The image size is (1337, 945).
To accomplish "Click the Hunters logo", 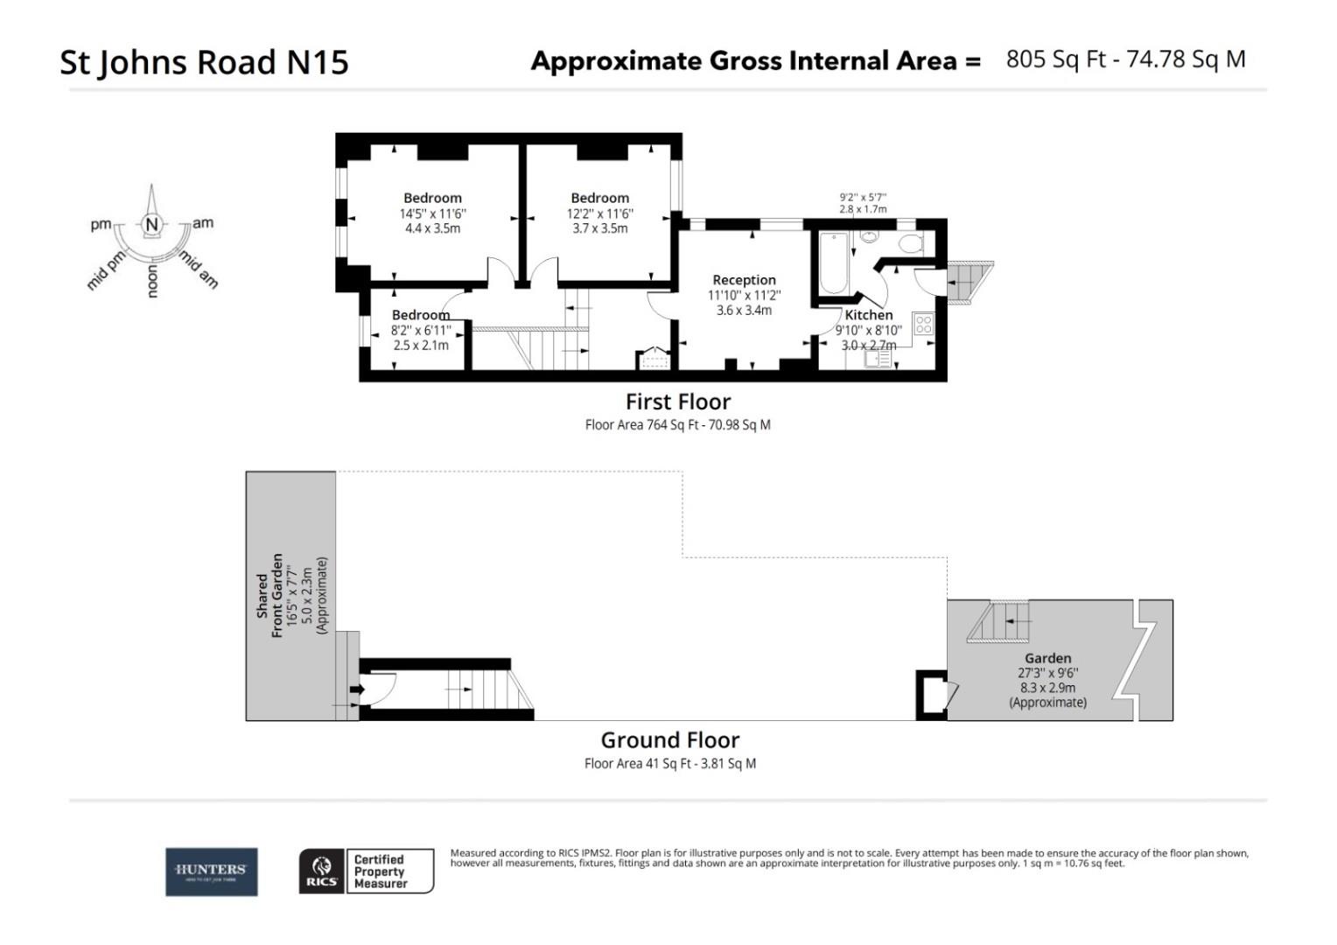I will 212,871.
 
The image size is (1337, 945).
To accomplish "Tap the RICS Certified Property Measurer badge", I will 366,871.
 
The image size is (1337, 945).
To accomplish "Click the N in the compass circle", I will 152,225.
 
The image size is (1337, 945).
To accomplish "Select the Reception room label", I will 744,280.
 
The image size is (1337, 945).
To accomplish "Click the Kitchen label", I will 868,315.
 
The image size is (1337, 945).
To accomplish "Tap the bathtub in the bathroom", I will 832,264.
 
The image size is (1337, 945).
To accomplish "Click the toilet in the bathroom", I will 911,243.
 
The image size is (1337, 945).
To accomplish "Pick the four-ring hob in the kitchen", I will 923,325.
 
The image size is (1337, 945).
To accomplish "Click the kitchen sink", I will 878,358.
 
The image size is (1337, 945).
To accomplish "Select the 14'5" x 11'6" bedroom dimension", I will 432,213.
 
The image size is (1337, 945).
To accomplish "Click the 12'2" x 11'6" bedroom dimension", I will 599,213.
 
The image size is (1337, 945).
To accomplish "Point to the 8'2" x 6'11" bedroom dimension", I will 420,331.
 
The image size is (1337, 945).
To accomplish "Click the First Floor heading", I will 677,402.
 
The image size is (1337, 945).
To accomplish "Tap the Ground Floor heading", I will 669,740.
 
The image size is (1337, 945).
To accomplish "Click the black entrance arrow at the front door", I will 356,689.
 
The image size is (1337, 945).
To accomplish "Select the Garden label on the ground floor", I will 1047,658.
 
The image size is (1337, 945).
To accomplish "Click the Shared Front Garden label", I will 269,595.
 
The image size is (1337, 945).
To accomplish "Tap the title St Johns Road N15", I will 204,62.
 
